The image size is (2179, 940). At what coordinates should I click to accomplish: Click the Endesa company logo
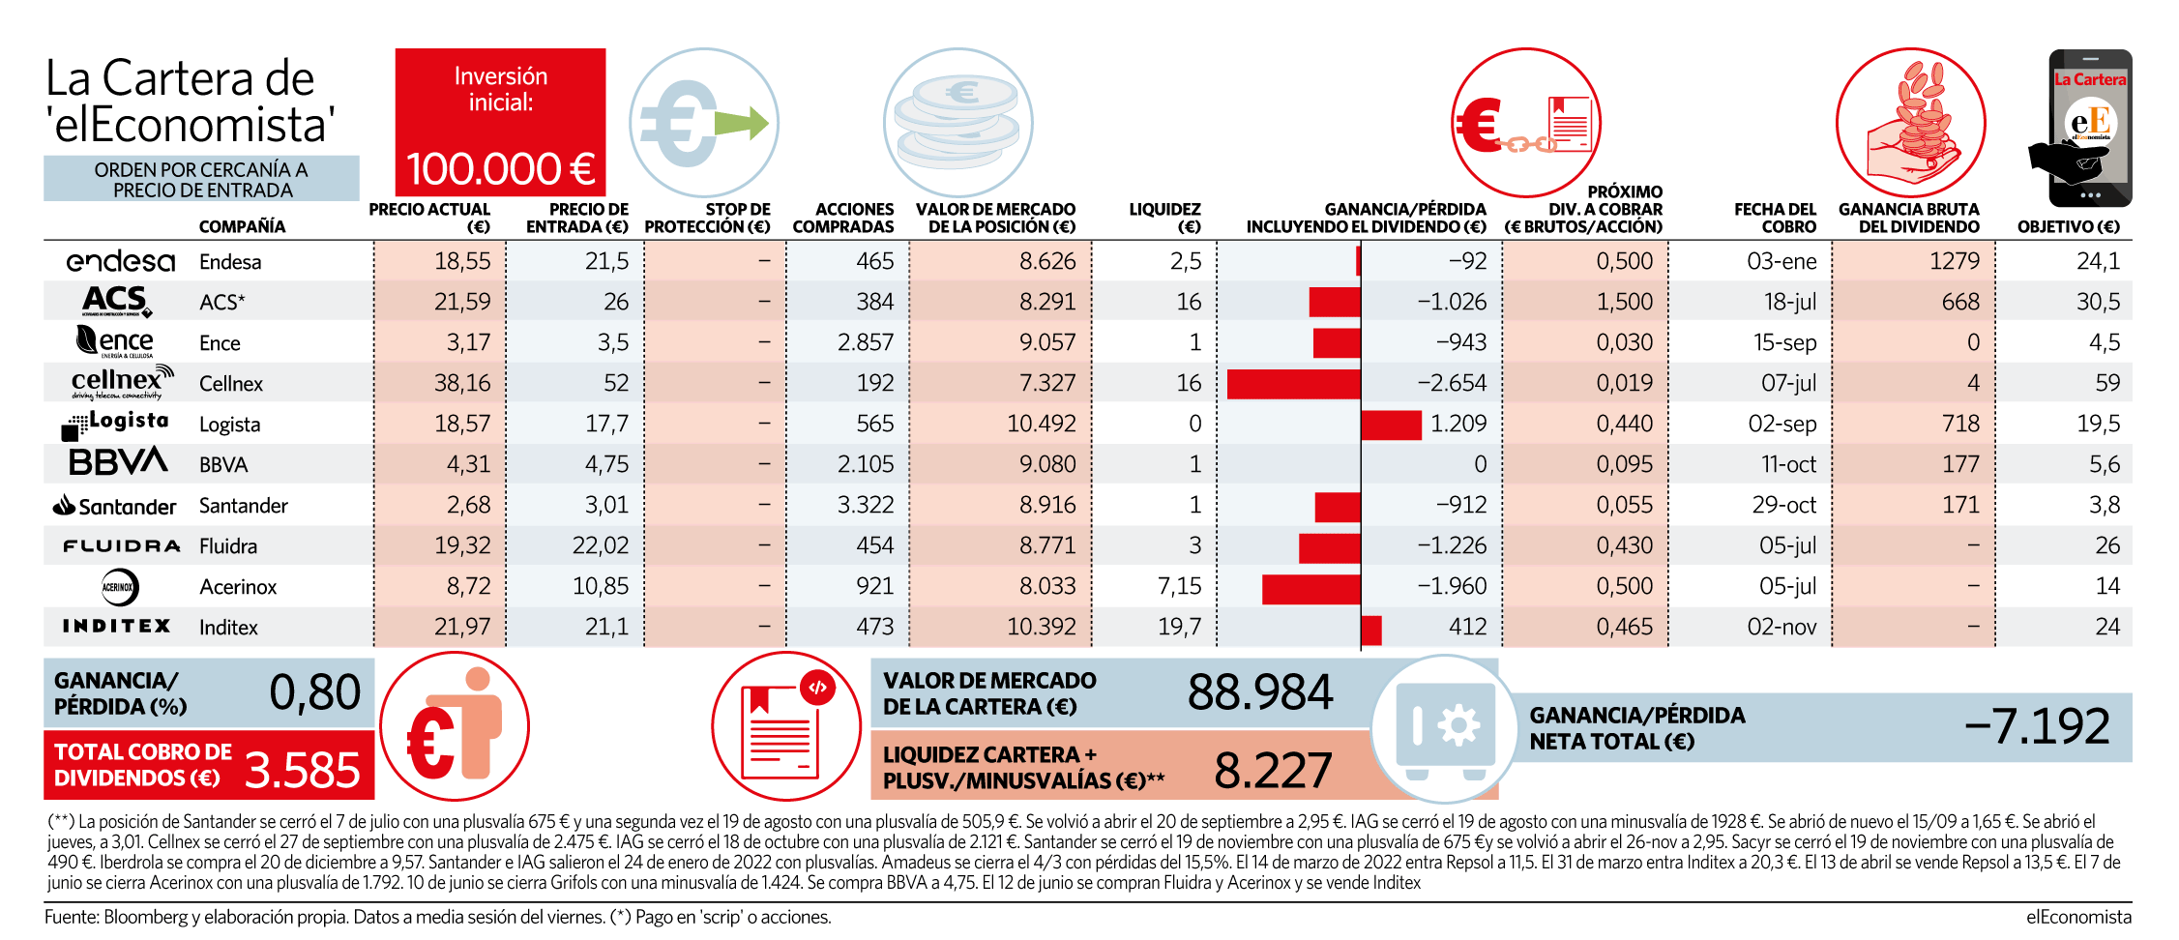(x=121, y=261)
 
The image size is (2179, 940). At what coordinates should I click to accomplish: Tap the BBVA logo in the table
(x=118, y=462)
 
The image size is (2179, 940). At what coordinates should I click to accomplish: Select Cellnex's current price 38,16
(x=462, y=383)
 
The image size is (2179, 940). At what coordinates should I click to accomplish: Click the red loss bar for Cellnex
(x=1294, y=383)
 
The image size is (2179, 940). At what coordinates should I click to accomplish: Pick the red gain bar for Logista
(x=1392, y=424)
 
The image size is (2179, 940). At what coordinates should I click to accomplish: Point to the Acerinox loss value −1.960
(x=1452, y=586)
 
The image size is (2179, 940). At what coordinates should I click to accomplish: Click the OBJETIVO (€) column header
(x=2068, y=226)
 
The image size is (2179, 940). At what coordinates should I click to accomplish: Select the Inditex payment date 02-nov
(x=1781, y=627)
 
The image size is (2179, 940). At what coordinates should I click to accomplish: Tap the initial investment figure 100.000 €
(x=501, y=169)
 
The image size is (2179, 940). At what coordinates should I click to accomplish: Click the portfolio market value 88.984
(x=1260, y=692)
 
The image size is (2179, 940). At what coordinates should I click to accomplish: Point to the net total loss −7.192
(x=2037, y=726)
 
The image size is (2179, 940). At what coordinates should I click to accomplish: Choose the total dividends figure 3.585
(x=303, y=771)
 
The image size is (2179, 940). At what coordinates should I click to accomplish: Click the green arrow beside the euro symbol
(x=742, y=124)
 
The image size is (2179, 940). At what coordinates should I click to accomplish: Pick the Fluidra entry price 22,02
(x=601, y=545)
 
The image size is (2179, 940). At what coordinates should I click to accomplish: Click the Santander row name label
(x=244, y=506)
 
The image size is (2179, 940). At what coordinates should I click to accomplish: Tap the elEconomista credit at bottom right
(x=2078, y=917)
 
